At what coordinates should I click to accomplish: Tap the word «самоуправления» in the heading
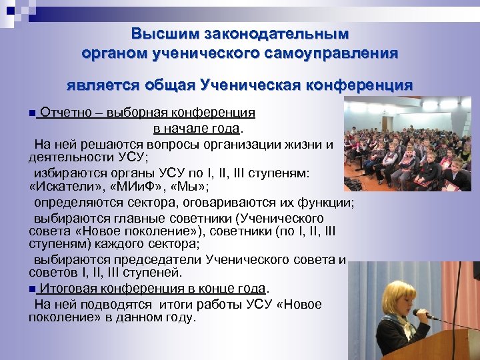click(x=339, y=53)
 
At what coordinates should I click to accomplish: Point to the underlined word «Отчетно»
click(x=65, y=113)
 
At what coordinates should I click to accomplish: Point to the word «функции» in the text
click(x=326, y=202)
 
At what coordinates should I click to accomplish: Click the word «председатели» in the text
click(x=165, y=260)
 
